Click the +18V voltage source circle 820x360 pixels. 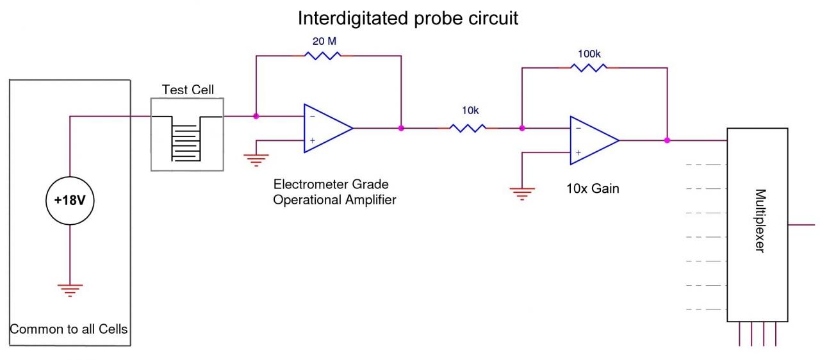point(70,200)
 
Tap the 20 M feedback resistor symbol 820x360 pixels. point(323,56)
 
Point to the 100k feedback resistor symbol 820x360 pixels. point(589,67)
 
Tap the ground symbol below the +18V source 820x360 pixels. point(70,290)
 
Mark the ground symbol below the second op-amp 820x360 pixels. point(522,192)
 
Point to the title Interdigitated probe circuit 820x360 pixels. point(408,19)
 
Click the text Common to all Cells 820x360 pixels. point(69,330)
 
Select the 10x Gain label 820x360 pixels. point(593,189)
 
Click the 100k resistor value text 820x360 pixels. point(589,53)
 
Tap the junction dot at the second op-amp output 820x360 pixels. point(667,140)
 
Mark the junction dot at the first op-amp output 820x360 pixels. point(401,128)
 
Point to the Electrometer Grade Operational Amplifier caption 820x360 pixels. point(335,192)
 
